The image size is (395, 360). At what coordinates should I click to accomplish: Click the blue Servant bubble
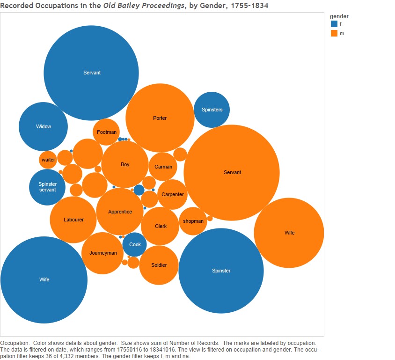(91, 73)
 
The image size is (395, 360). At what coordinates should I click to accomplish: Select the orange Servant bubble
(232, 173)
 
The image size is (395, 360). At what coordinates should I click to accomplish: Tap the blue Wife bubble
(44, 280)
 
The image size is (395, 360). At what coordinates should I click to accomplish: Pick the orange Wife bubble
(289, 233)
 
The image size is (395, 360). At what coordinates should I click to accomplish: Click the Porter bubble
(160, 118)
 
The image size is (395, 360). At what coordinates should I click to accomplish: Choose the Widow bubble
(43, 126)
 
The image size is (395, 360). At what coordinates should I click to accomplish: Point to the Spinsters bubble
(212, 110)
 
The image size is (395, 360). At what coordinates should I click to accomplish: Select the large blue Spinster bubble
(221, 271)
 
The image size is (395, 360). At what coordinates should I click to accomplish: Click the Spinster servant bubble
(47, 187)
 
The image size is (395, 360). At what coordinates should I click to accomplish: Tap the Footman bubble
(106, 132)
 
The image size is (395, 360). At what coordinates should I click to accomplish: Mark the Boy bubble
(125, 164)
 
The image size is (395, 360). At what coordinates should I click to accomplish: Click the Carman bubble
(163, 167)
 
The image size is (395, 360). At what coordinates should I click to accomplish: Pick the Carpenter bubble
(172, 194)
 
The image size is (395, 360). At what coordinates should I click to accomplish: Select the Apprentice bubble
(120, 212)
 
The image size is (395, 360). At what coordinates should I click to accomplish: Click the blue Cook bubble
(135, 244)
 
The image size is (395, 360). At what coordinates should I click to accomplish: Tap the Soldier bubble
(159, 265)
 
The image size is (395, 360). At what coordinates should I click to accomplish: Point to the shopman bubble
(193, 221)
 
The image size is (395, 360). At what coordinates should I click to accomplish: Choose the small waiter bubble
(48, 160)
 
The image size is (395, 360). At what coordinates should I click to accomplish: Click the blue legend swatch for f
(334, 24)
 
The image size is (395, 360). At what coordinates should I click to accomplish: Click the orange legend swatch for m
(334, 33)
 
